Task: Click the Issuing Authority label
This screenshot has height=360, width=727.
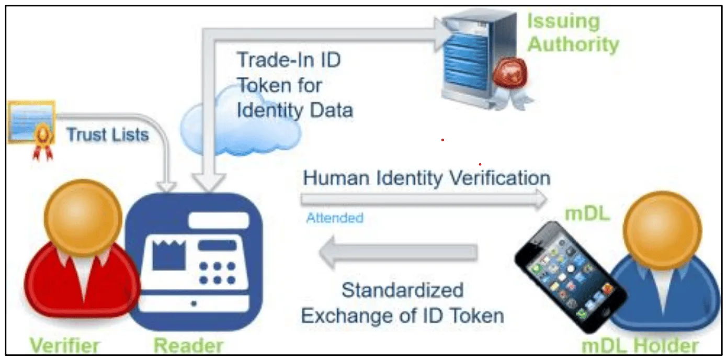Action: (573, 32)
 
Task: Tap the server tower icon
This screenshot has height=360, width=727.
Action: (480, 59)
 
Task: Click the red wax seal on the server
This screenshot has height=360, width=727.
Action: (510, 73)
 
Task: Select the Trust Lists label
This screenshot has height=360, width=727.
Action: (108, 134)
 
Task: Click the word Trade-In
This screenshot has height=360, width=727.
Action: (275, 60)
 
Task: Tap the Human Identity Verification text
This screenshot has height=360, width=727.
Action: (426, 178)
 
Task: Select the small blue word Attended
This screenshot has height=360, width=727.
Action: (335, 218)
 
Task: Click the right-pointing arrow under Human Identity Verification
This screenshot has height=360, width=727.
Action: (424, 199)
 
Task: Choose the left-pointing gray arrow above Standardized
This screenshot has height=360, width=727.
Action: (399, 252)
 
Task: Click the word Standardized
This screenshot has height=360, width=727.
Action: (402, 290)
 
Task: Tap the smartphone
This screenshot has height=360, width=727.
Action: (571, 277)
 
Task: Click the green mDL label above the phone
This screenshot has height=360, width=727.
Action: (587, 214)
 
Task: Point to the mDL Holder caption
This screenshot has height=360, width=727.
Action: (640, 346)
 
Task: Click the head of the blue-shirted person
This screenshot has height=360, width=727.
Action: (663, 230)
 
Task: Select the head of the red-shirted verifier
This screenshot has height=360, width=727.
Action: (83, 218)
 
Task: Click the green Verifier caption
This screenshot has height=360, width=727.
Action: (65, 345)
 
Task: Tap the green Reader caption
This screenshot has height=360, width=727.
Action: (189, 345)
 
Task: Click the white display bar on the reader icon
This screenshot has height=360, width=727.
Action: (219, 220)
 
